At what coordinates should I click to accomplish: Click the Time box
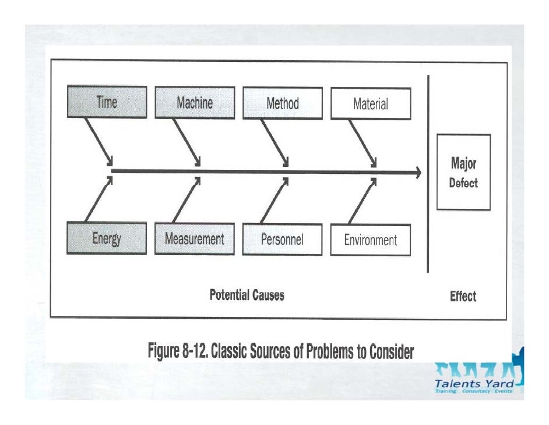(x=107, y=103)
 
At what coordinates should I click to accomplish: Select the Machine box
(x=195, y=103)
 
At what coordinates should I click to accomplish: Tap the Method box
(x=283, y=103)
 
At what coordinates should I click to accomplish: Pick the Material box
(x=371, y=104)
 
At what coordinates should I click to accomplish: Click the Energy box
(x=107, y=238)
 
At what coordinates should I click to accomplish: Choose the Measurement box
(x=195, y=239)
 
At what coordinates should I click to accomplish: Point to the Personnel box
(x=282, y=239)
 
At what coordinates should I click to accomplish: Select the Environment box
(x=371, y=240)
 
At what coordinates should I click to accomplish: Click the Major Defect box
(x=463, y=173)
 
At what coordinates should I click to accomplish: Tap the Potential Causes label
(x=247, y=295)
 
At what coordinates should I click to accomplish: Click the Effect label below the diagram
(x=463, y=297)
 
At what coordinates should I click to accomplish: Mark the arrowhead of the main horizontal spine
(x=417, y=172)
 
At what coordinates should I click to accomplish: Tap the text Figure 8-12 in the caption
(x=178, y=351)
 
